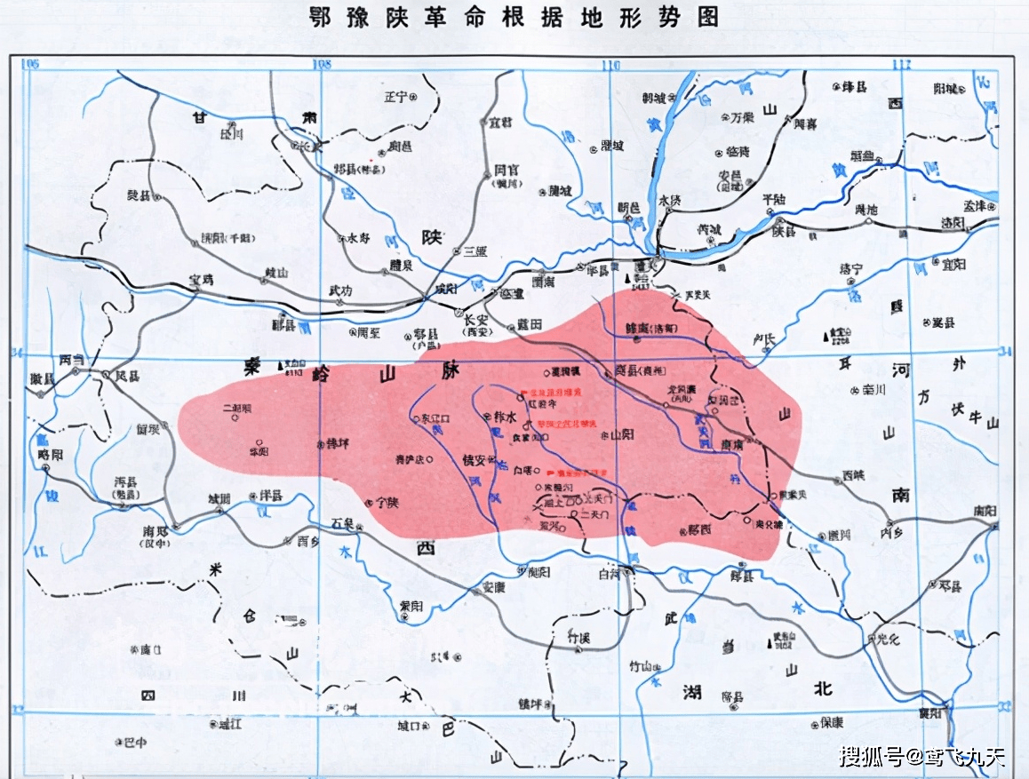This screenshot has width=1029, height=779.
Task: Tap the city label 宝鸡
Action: tap(203, 279)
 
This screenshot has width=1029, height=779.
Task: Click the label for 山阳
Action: tap(621, 434)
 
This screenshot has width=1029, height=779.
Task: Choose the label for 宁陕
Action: tap(387, 502)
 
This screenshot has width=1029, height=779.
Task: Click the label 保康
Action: tap(832, 722)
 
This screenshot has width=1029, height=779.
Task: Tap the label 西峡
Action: tap(854, 475)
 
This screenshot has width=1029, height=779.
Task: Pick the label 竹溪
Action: tap(578, 636)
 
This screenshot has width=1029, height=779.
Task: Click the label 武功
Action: tap(340, 290)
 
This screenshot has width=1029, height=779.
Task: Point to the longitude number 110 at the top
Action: tap(610, 65)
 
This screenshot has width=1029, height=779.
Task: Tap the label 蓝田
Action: tap(530, 324)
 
